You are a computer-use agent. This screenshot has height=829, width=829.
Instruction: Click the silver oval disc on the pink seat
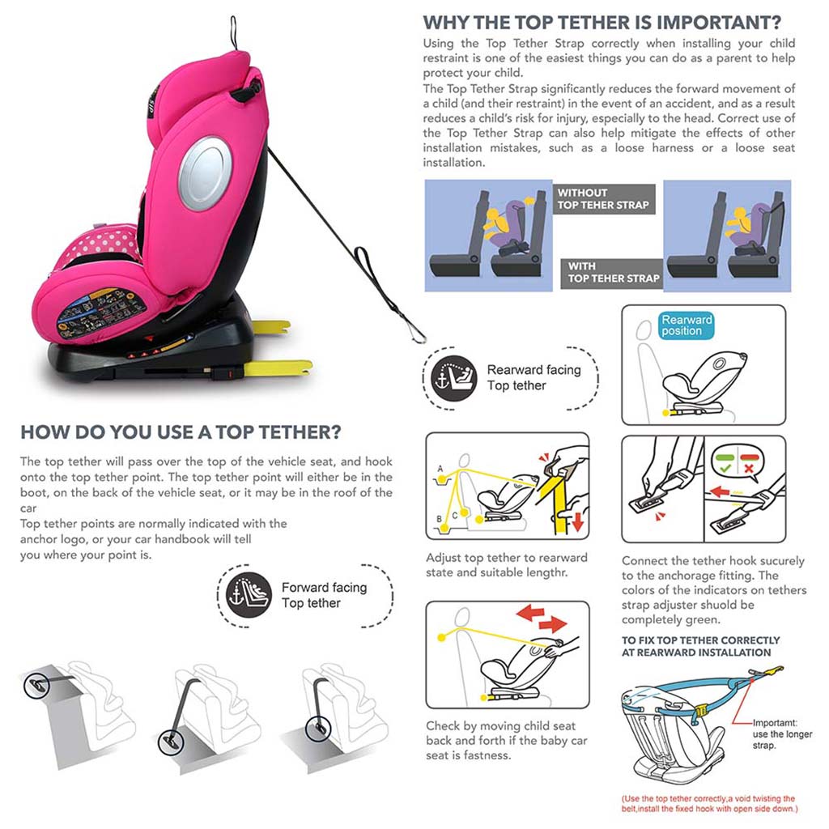click(x=205, y=173)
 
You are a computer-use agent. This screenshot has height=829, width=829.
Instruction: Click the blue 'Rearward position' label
click(x=687, y=325)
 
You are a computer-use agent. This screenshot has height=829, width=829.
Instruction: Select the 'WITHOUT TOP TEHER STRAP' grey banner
click(x=604, y=199)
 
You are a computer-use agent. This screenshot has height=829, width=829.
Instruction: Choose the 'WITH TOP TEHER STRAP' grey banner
click(x=612, y=273)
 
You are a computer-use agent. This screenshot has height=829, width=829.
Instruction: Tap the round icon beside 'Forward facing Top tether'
click(x=249, y=595)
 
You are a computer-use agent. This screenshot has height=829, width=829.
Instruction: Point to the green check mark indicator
click(x=725, y=467)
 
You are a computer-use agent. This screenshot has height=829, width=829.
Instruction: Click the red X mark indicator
click(x=749, y=467)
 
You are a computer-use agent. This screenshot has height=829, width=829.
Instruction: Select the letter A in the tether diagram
click(x=440, y=469)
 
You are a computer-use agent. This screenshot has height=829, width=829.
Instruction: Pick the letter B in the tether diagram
click(x=439, y=519)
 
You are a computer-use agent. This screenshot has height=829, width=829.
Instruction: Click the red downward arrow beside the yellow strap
click(x=577, y=521)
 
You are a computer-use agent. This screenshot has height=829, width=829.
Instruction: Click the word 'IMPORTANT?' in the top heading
click(x=719, y=23)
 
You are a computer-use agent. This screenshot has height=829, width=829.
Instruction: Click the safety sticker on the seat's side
click(x=100, y=312)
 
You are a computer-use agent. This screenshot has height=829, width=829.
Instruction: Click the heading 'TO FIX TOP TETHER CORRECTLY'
click(x=700, y=640)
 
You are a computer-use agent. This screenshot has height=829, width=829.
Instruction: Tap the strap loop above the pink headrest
click(x=233, y=32)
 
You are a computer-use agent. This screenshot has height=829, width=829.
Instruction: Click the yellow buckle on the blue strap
click(x=700, y=712)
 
